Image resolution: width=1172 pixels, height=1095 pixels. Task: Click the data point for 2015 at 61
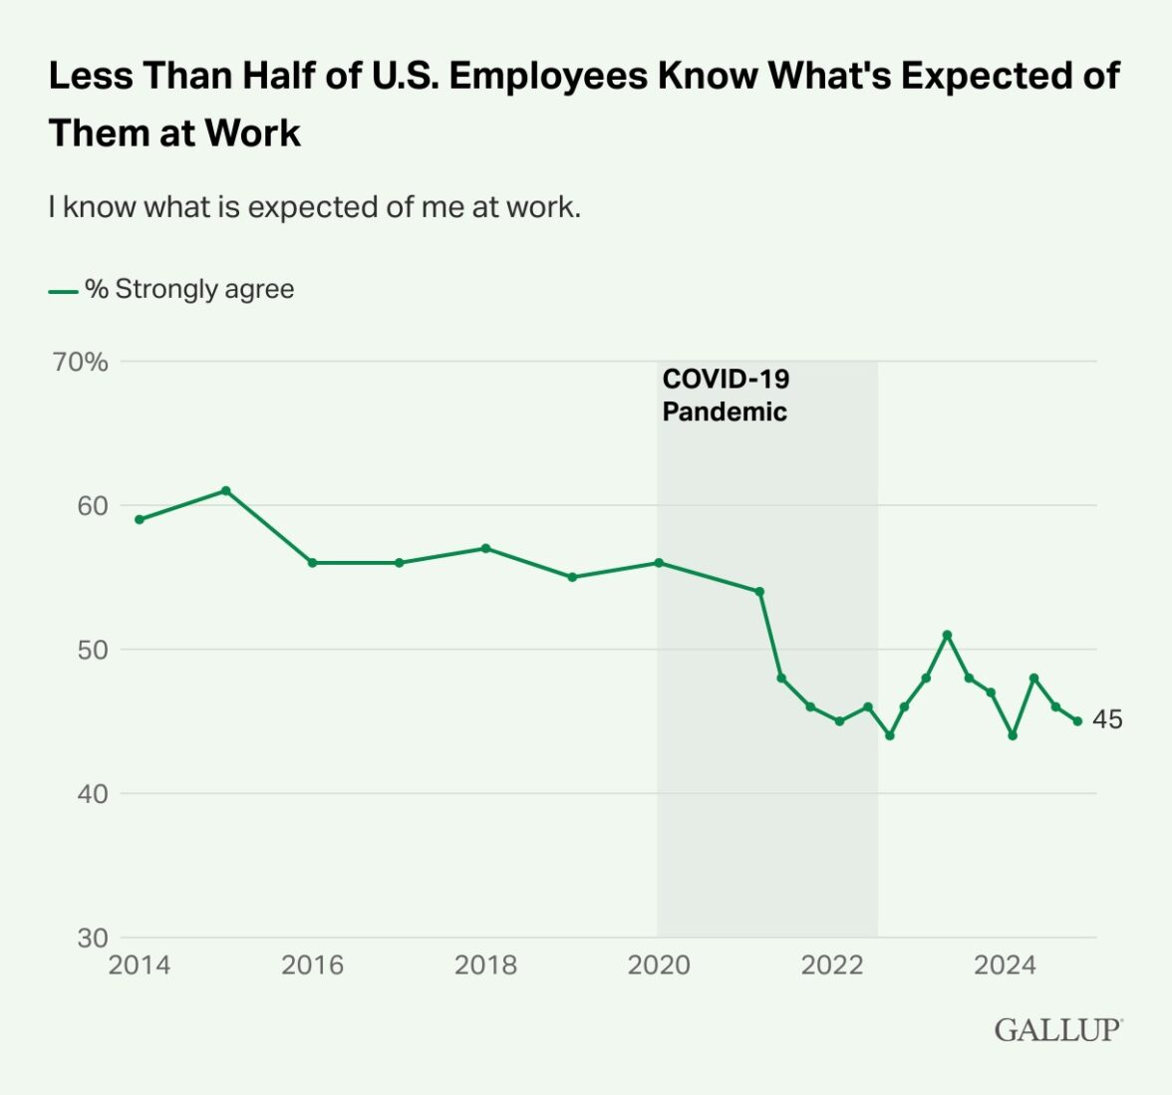pos(226,490)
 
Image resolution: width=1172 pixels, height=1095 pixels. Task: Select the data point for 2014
pos(140,519)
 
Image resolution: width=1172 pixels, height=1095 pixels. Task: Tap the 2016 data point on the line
pos(312,563)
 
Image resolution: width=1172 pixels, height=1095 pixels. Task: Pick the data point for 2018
pos(485,548)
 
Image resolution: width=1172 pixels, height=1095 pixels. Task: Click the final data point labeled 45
pos(1077,721)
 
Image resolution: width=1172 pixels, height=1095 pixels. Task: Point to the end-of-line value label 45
pos(1107,719)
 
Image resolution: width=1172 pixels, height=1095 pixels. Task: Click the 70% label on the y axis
pos(81,362)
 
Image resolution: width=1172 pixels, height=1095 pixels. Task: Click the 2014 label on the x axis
pos(140,964)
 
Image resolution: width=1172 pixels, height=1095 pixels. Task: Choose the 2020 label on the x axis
pos(659,964)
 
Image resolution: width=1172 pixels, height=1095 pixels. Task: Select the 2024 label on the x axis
pos(1005,964)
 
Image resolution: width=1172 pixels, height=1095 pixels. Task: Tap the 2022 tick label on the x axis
pos(832,964)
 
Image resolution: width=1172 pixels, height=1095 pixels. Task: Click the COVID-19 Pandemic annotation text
pos(726,395)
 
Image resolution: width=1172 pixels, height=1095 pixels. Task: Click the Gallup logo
pos(1057,1030)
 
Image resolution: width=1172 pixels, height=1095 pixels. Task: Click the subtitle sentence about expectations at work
pos(314,207)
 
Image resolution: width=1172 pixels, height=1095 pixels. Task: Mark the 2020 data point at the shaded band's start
pos(659,563)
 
